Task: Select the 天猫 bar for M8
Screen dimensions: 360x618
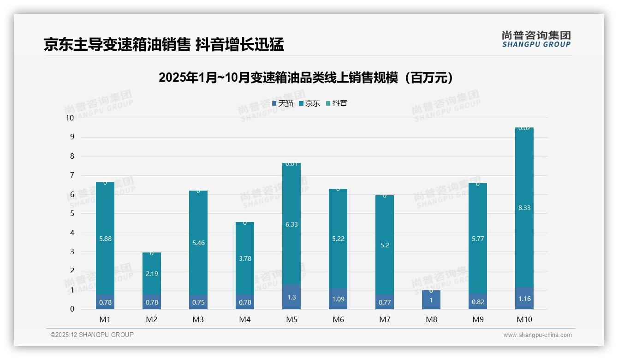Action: pos(431,300)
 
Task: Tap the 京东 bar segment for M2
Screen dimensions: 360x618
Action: pos(152,273)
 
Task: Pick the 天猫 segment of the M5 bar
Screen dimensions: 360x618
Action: pos(291,297)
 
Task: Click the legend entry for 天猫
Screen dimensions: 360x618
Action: pos(282,103)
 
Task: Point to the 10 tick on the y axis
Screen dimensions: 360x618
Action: pos(70,118)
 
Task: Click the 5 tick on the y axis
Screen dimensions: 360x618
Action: pos(71,214)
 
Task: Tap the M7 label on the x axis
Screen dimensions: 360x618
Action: pos(385,319)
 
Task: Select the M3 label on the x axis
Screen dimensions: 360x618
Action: pos(198,319)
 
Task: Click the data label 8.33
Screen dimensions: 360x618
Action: pos(524,208)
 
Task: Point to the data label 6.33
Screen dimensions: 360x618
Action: pos(291,224)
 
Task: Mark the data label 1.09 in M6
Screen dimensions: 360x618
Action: pos(338,299)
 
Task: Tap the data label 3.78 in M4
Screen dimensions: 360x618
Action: pos(245,258)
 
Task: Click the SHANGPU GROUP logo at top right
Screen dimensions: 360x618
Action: pos(536,39)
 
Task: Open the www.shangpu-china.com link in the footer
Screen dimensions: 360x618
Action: pos(537,335)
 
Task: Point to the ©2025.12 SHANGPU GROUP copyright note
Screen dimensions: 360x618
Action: pos(92,335)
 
